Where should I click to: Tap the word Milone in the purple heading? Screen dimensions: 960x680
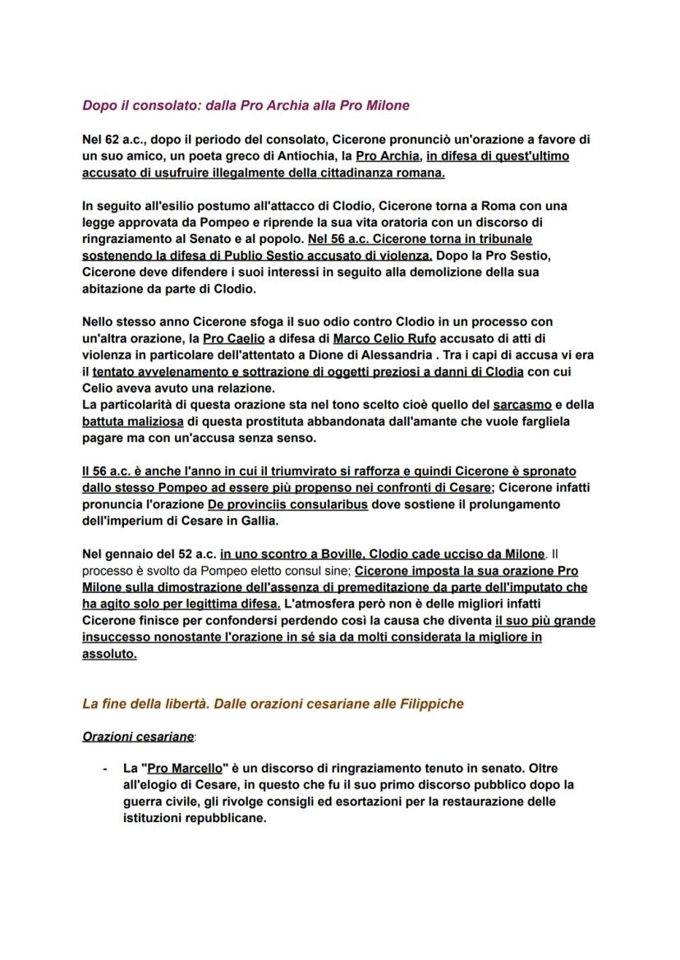[x=387, y=106]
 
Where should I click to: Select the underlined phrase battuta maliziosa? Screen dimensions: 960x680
[x=132, y=421]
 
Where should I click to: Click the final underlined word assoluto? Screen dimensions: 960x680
[x=109, y=655]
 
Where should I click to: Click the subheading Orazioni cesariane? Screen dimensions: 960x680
[x=138, y=737]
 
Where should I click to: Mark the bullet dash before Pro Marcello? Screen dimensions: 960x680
[x=105, y=769]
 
